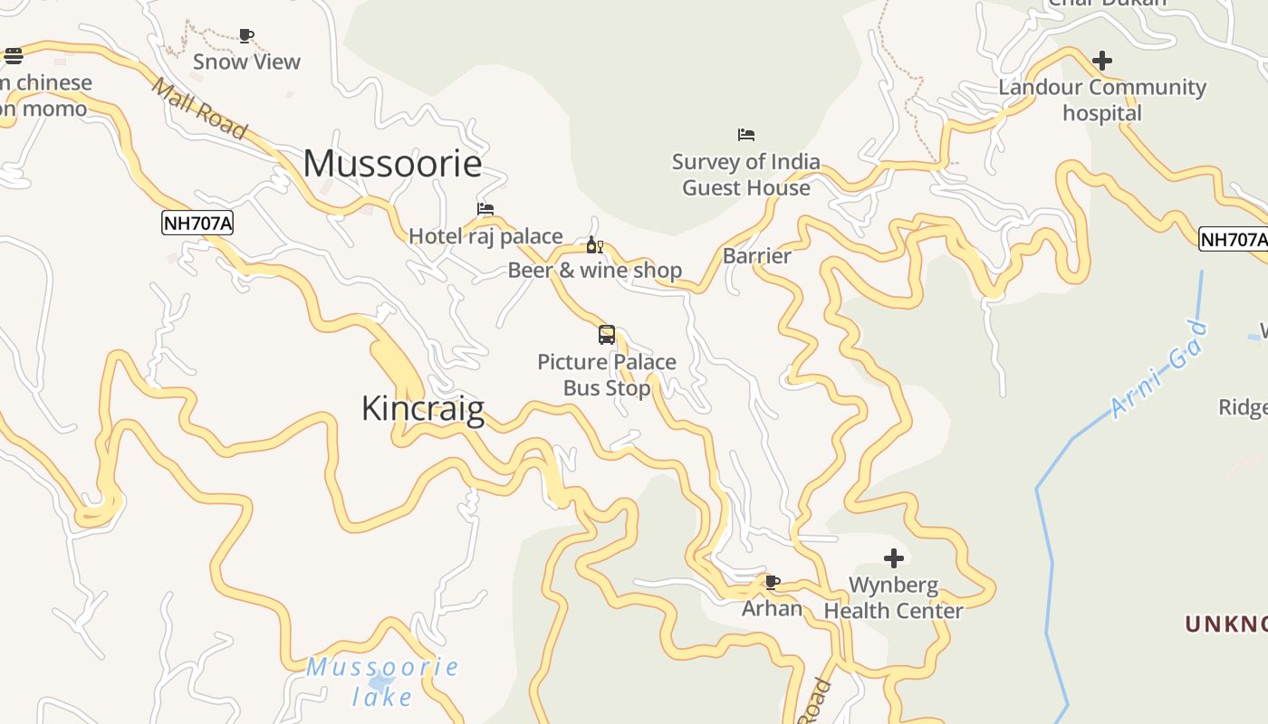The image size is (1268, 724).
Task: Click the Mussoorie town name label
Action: coord(392,164)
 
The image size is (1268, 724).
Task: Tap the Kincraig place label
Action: coord(423,408)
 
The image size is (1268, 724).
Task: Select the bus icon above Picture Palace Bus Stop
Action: coord(607,335)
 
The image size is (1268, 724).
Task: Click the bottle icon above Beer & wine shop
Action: coord(594,245)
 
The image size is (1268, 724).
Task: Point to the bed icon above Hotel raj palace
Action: coord(485,209)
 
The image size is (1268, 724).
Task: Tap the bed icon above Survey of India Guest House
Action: coord(746,135)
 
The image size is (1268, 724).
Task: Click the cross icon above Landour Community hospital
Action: coord(1102,61)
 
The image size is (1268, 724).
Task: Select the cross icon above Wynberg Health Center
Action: coord(894,557)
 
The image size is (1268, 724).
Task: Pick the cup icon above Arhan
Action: coord(772,582)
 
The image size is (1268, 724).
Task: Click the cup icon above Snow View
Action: coord(246,35)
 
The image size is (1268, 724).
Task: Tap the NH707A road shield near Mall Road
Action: coord(197,223)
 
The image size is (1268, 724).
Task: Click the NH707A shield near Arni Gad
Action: coord(1234,240)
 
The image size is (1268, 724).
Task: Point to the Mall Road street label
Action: coord(199,108)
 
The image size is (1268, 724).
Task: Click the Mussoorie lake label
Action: coord(382,681)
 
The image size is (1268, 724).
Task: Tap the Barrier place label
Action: coord(757,256)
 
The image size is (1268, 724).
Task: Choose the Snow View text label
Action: coord(246,62)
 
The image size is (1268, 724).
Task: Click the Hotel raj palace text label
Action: coord(485,236)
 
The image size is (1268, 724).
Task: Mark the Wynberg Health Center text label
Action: coord(893,597)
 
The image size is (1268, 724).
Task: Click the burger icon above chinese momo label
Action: coord(14,56)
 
